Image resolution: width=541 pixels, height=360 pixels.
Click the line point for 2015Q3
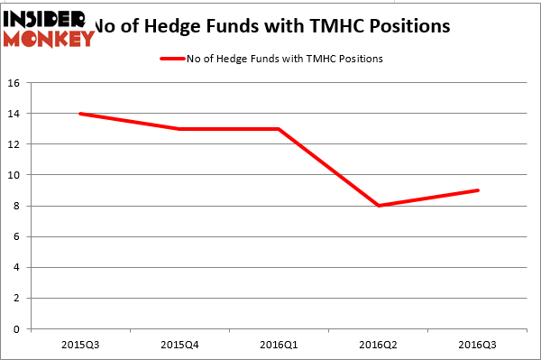click(80, 114)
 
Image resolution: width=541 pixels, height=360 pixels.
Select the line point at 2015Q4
click(179, 129)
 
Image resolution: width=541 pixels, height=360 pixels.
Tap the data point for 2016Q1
click(279, 129)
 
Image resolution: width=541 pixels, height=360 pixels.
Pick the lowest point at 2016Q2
click(379, 206)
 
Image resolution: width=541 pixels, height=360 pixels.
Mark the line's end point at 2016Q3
click(478, 190)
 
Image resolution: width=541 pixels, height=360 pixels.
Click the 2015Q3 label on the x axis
click(80, 346)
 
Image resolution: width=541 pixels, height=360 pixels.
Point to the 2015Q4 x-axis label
click(179, 346)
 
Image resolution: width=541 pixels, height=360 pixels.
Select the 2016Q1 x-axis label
click(279, 346)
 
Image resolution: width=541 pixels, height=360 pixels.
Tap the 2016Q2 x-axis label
click(379, 346)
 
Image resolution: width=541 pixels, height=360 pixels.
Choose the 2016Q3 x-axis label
click(478, 346)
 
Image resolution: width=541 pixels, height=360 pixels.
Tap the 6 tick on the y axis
click(17, 236)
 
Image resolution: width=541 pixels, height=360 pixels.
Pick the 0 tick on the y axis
click(17, 329)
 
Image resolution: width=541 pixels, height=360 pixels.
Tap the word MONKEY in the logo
click(50, 38)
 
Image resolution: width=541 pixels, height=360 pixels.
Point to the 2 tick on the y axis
click(17, 299)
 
